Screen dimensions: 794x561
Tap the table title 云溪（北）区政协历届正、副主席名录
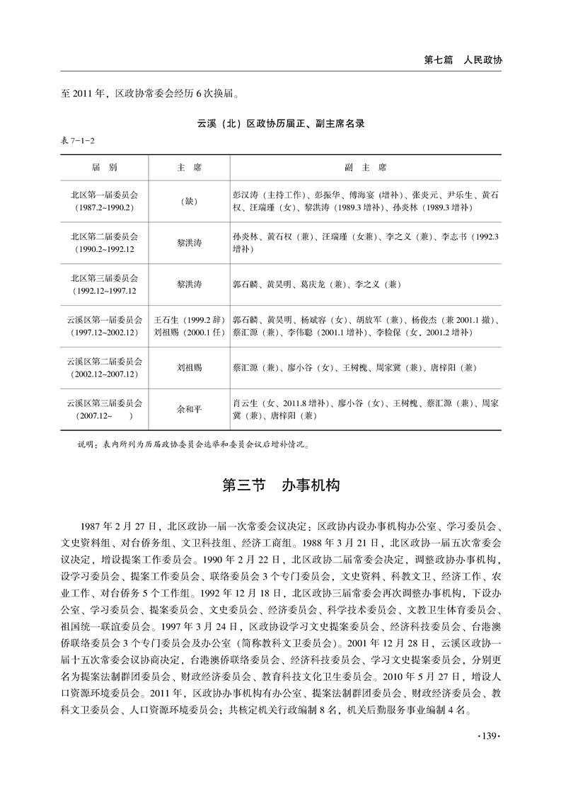pyautogui.click(x=280, y=123)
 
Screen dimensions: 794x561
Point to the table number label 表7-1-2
pyautogui.click(x=79, y=142)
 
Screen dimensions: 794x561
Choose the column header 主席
pyautogui.click(x=188, y=168)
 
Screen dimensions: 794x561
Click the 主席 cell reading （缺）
pyautogui.click(x=188, y=201)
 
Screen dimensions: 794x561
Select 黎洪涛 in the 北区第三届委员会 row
pyautogui.click(x=188, y=284)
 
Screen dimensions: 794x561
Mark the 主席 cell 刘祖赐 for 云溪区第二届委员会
pyautogui.click(x=188, y=368)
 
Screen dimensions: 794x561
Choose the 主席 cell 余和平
pyautogui.click(x=188, y=409)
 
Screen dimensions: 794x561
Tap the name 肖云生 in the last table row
pyautogui.click(x=245, y=403)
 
